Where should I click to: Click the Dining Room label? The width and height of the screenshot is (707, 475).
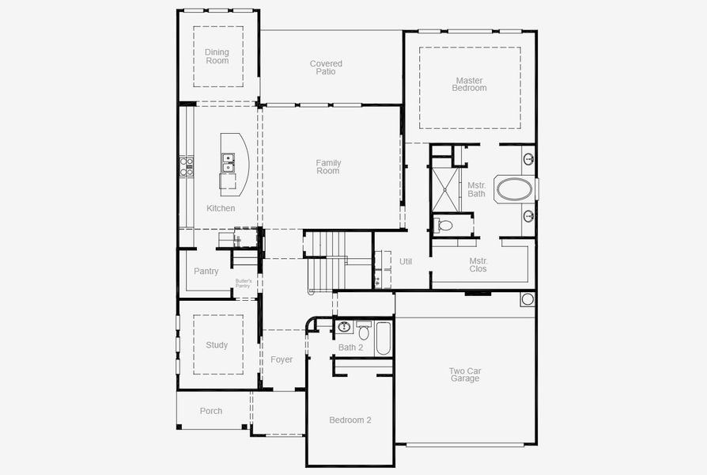point(217,57)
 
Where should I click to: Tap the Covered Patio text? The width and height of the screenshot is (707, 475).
point(326,67)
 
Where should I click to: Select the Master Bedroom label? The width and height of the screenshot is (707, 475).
point(469,84)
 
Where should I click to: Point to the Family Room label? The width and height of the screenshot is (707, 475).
point(328,167)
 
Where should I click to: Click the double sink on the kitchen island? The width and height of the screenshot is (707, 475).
point(228,162)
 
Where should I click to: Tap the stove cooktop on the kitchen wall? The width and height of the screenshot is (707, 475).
point(187,166)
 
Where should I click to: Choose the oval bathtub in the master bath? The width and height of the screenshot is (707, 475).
point(514,188)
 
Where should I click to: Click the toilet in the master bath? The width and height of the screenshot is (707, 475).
point(444,226)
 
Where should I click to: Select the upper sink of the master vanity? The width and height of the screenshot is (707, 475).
point(528,159)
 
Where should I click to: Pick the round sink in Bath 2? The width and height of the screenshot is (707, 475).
point(344,326)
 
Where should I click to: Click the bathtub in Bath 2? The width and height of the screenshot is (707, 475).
point(383,337)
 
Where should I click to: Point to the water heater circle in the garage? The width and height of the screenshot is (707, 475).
point(527,299)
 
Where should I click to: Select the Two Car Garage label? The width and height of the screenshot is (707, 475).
point(464,374)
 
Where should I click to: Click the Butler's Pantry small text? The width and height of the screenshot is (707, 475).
point(243,283)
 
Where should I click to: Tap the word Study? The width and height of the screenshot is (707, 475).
point(217,345)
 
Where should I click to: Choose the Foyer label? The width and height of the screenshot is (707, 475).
point(282,359)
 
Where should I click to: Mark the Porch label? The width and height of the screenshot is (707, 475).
point(211,411)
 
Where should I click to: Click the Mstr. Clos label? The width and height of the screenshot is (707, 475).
point(478,264)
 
